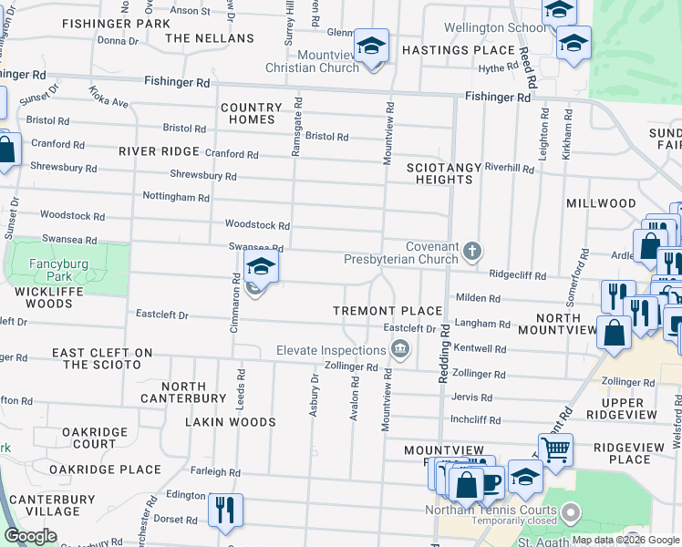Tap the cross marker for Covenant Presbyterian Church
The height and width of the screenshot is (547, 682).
(x=471, y=251)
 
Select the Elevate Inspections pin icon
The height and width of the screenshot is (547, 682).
(x=399, y=350)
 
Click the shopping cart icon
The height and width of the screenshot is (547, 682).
(x=554, y=449)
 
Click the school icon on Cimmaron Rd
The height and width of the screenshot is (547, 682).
(x=261, y=267)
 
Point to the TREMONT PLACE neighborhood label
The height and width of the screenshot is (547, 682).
(x=387, y=311)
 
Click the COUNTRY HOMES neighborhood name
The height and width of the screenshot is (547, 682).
(x=251, y=113)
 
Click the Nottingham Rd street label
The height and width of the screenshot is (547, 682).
(x=176, y=197)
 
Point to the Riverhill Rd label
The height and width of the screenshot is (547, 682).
(x=509, y=168)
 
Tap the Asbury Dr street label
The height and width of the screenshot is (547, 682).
(x=314, y=395)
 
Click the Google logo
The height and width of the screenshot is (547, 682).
(x=31, y=536)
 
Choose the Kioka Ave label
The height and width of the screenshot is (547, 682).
(x=108, y=98)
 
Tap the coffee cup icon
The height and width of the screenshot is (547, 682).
(x=491, y=481)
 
